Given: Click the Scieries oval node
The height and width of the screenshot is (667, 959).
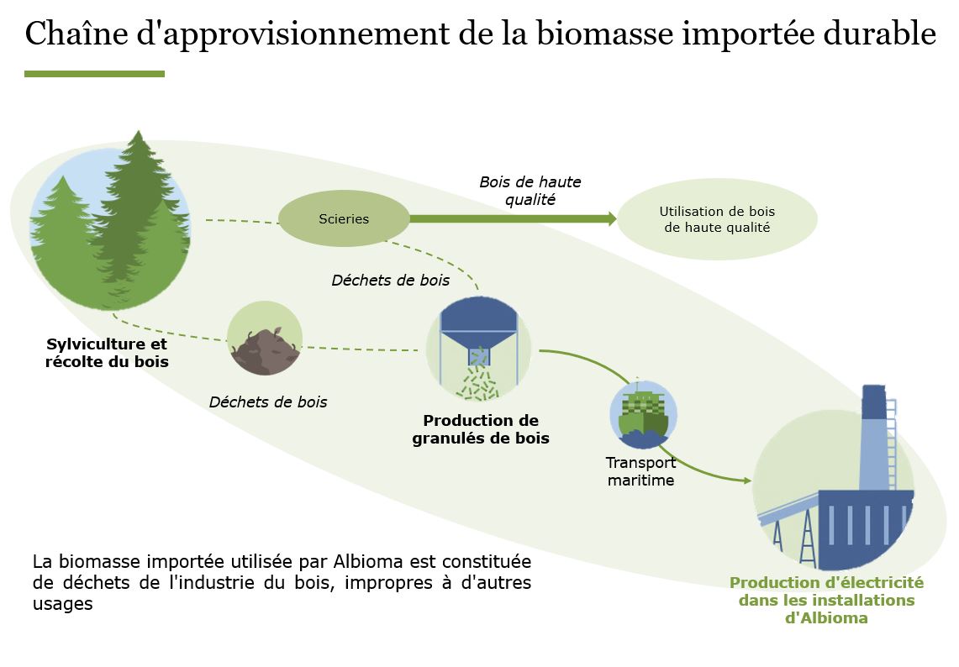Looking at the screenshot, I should (x=344, y=218).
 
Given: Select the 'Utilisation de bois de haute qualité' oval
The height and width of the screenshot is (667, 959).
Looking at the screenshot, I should (x=717, y=219).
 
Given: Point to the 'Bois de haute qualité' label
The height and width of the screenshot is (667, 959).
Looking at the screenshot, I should (x=530, y=191).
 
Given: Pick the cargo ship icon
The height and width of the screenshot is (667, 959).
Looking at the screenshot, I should (x=643, y=415).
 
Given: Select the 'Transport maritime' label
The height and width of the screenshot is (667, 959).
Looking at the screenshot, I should (x=640, y=471).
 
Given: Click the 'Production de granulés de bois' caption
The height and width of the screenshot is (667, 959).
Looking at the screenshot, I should (x=480, y=429).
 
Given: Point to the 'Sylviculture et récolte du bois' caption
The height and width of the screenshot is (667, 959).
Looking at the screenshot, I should (x=107, y=353).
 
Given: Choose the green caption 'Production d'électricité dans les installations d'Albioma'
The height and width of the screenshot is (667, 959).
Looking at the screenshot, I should (x=826, y=600).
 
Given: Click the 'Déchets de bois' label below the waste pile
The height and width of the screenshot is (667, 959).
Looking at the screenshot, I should (x=268, y=402).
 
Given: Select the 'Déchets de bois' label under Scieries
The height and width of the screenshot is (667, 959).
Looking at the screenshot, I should (x=390, y=280).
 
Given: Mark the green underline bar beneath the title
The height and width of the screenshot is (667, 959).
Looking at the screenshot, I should (x=94, y=74).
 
